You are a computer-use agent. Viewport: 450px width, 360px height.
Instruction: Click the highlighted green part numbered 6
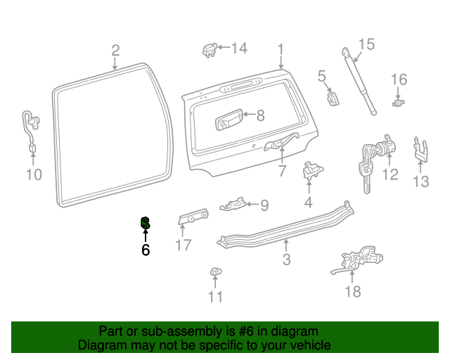pyautogui.click(x=145, y=224)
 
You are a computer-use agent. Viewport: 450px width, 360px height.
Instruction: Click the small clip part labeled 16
pyautogui.click(x=399, y=103)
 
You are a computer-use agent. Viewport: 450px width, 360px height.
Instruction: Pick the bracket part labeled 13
pyautogui.click(x=420, y=148)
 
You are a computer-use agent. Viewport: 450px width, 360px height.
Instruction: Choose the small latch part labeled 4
pyautogui.click(x=310, y=171)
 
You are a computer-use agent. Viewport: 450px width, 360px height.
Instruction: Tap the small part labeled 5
pyautogui.click(x=334, y=97)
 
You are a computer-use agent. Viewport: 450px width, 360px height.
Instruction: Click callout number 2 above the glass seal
pyautogui.click(x=115, y=50)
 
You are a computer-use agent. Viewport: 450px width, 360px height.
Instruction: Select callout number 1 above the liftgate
pyautogui.click(x=280, y=50)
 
